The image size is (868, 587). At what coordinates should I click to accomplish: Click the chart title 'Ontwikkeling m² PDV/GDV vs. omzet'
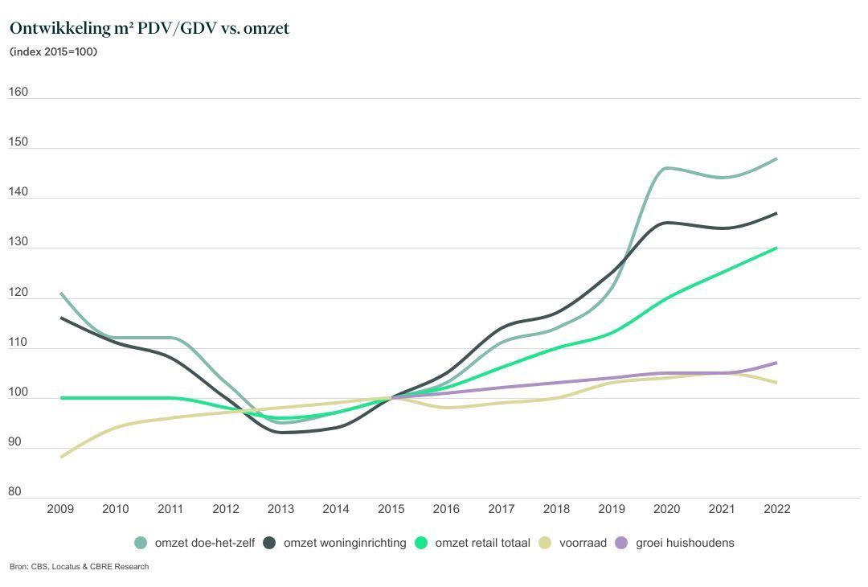[149, 28]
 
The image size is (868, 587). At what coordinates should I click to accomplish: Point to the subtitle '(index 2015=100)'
[53, 52]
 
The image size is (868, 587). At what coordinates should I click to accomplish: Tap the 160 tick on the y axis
[18, 92]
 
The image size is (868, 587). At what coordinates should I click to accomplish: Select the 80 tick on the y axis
[15, 492]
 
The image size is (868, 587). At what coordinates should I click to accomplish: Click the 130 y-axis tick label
[18, 242]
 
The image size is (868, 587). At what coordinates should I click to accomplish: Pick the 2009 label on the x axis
[60, 509]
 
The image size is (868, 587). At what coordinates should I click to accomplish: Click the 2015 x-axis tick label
[391, 509]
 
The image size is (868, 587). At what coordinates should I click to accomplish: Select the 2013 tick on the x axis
[280, 509]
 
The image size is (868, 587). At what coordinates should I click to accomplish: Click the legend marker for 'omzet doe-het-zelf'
[141, 543]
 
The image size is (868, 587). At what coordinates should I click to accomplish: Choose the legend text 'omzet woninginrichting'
[345, 543]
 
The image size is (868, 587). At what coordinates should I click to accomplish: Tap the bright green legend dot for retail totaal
[421, 543]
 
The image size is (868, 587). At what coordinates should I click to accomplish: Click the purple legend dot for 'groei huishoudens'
[621, 543]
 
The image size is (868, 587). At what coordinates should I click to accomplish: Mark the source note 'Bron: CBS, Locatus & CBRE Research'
[79, 567]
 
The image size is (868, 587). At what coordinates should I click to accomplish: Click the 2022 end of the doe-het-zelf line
[776, 159]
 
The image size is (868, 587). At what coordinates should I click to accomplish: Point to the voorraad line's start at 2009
[61, 457]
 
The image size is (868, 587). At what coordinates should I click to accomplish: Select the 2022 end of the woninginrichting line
[776, 213]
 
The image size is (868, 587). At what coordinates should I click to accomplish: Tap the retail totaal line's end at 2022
[776, 248]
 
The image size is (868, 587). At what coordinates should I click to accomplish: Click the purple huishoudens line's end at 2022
[776, 363]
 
